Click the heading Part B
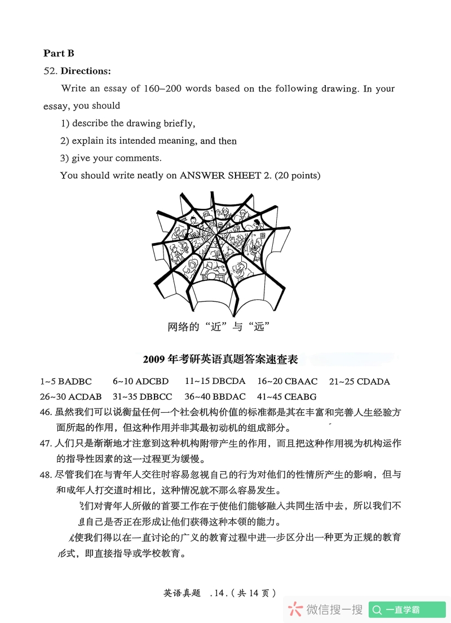(x=59, y=54)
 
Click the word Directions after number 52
(x=86, y=71)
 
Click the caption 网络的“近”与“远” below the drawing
(x=216, y=326)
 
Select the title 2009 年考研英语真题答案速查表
(x=220, y=359)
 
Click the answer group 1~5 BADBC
(x=66, y=382)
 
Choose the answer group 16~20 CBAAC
(x=288, y=382)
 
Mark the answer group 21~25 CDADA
(x=360, y=382)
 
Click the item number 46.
(x=46, y=412)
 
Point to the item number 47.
(x=46, y=443)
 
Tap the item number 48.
(x=46, y=475)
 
